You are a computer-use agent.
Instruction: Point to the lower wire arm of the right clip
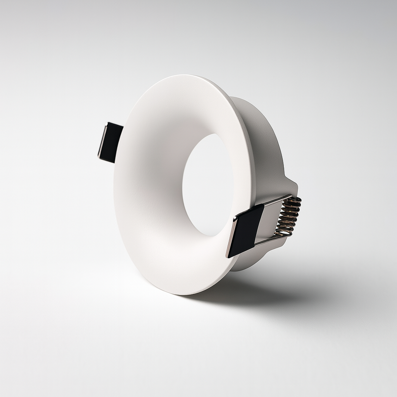[x=268, y=241]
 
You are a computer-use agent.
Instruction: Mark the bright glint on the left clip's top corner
[x=107, y=124]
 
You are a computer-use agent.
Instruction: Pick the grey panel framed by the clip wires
[x=271, y=221]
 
